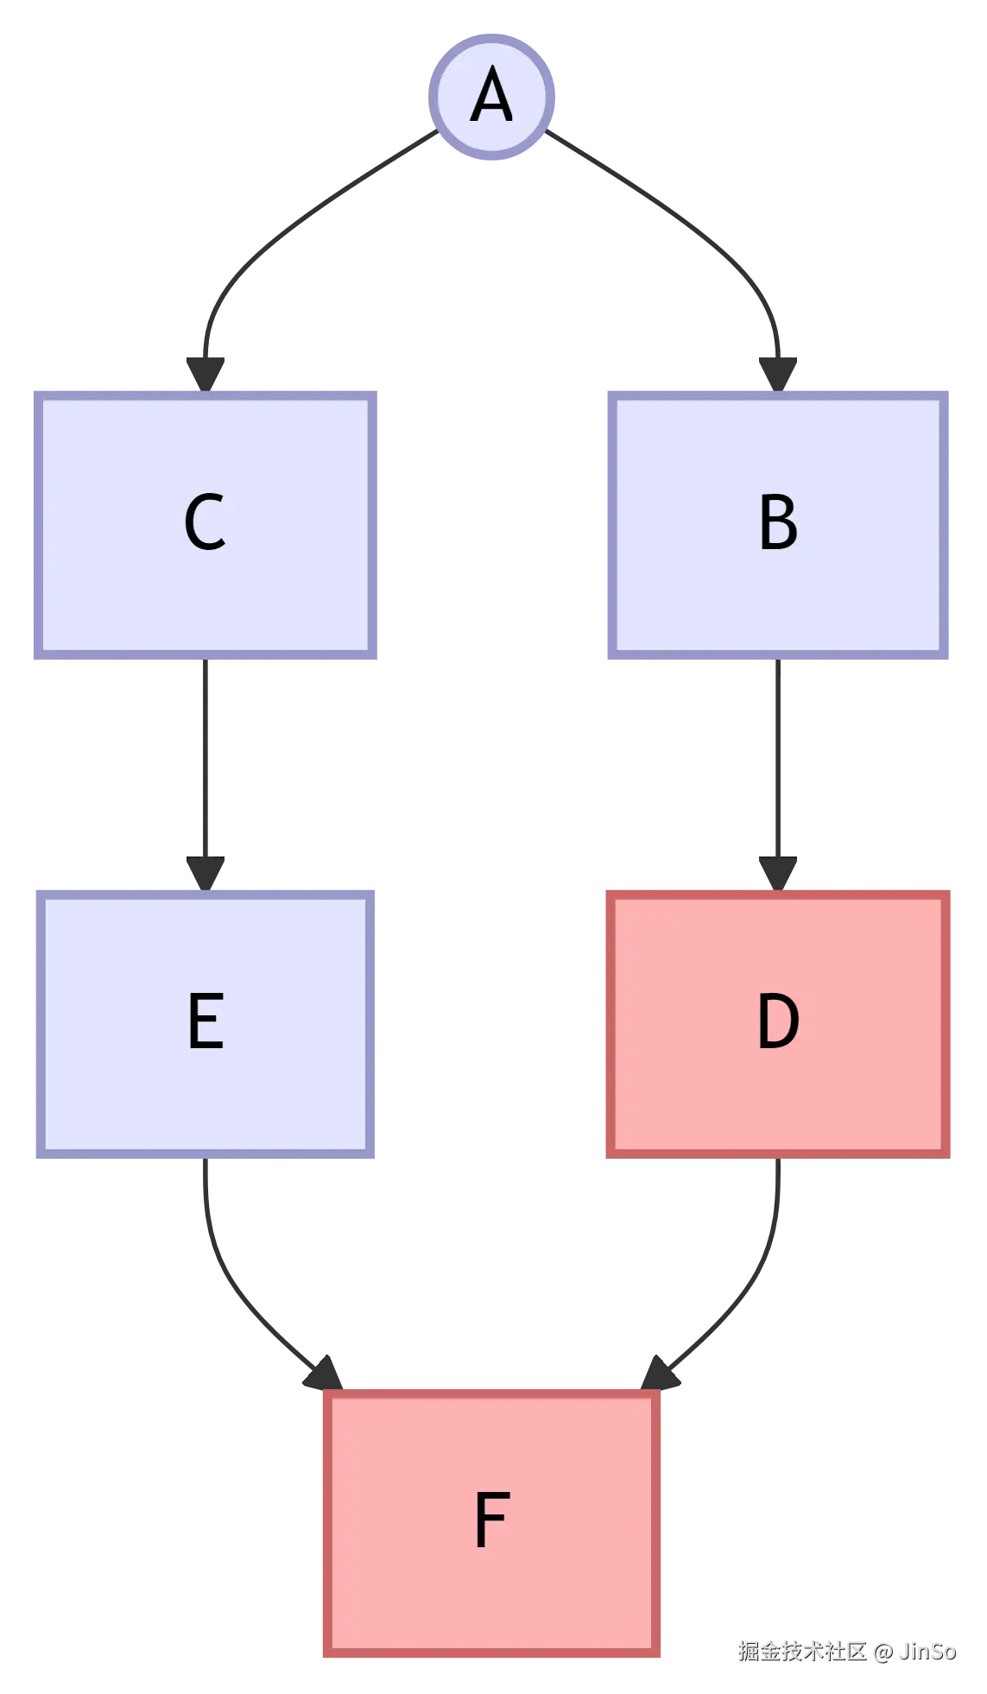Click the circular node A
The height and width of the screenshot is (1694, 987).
493,98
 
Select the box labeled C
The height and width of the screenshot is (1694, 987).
205,525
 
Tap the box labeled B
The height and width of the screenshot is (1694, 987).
777,525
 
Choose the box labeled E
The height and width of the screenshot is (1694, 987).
207,1022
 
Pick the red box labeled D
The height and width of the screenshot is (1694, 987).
777,1022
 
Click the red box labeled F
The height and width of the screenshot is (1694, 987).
490,1526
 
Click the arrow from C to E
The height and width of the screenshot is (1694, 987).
205,760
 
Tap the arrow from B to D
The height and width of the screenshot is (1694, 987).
777,760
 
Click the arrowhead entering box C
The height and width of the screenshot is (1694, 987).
206,372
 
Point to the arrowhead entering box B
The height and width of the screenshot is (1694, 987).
778,372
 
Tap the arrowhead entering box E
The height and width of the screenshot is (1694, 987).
206,871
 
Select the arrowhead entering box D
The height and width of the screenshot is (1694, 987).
778,871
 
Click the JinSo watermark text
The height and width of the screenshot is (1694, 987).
927,1651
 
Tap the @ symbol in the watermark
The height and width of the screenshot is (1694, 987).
881,1651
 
